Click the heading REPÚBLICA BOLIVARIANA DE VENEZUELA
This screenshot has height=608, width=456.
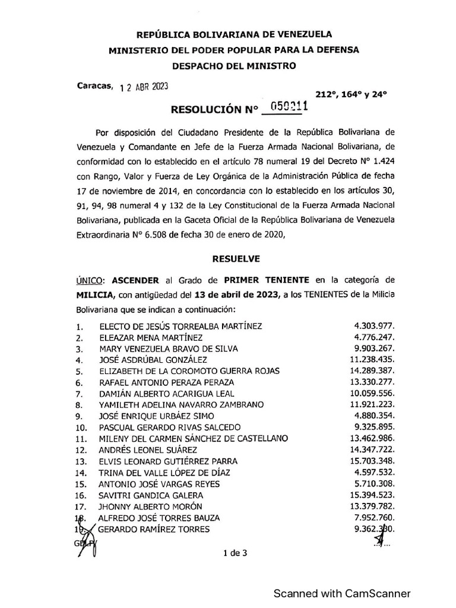click(234, 36)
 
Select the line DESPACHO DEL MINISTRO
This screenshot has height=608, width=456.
click(234, 66)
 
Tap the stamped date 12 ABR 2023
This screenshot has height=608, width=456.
click(144, 87)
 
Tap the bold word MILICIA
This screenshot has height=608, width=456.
click(95, 295)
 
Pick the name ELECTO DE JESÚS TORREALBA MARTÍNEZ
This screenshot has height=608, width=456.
click(180, 326)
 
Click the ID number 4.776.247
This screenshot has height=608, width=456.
click(374, 337)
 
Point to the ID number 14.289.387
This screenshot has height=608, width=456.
click(372, 371)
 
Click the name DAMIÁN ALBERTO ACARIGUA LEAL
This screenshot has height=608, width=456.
click(167, 394)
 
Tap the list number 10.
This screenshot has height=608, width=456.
click(82, 427)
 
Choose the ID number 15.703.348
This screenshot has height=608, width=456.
click(372, 461)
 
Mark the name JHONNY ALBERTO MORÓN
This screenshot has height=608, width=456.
click(151, 506)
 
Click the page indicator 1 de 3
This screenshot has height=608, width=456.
click(235, 553)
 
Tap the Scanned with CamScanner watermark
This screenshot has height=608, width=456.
click(341, 593)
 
